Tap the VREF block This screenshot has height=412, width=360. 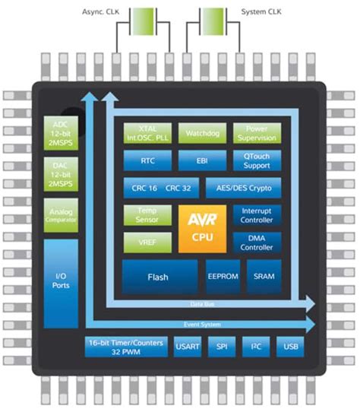click(x=146, y=242)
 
